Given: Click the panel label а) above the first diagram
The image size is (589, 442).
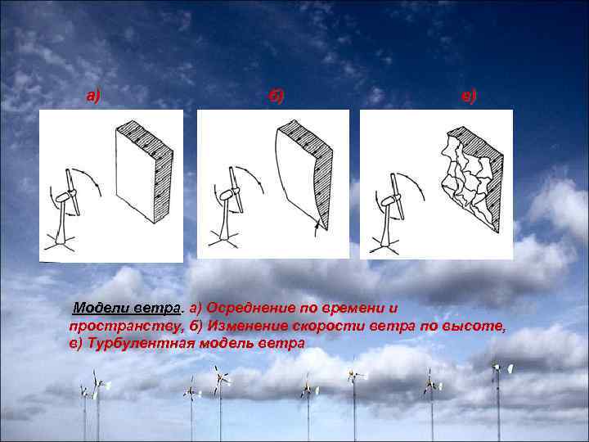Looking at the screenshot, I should click(94, 97).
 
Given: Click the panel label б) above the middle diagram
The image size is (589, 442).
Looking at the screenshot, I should click(277, 97).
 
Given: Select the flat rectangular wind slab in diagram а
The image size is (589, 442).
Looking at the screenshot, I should click(144, 172).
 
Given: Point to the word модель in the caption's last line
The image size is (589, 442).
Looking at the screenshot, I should click(225, 343).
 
